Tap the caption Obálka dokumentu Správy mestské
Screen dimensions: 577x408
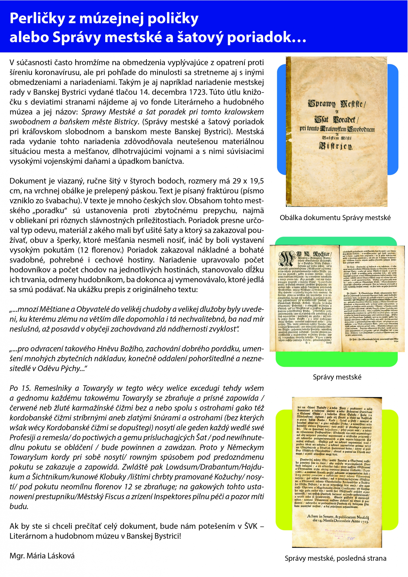335,218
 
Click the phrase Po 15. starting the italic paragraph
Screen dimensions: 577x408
20,388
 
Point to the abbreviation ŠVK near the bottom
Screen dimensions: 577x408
251,526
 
